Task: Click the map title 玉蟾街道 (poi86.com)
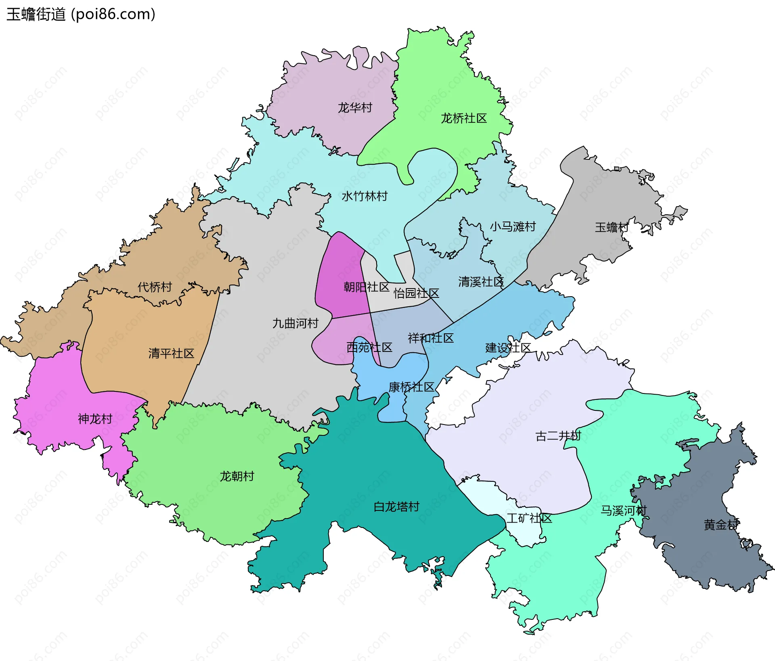81,15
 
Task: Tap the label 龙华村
355,108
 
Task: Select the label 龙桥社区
463,118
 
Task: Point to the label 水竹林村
364,196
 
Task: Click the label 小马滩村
513,226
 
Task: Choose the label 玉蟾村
612,227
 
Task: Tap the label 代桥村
155,287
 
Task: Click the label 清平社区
171,354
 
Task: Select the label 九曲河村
295,323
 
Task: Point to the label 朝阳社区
366,287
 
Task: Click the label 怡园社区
416,293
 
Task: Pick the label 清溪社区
481,282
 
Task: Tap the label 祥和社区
431,338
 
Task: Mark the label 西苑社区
369,347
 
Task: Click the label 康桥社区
411,387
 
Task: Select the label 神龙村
95,419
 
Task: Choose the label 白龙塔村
396,506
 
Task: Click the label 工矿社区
529,518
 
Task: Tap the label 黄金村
721,525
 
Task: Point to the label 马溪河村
623,510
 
